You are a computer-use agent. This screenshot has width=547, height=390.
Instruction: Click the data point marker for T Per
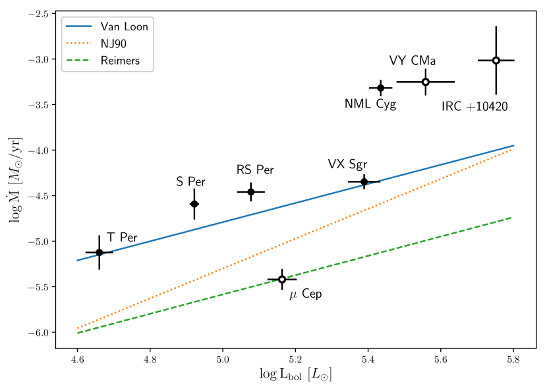[x=100, y=252]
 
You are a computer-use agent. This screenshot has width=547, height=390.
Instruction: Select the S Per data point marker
[x=194, y=204]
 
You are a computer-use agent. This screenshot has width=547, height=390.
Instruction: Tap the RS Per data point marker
[x=250, y=192]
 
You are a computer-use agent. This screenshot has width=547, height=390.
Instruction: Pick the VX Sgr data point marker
[x=364, y=181]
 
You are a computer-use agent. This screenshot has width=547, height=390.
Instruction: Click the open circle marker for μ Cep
[x=282, y=279]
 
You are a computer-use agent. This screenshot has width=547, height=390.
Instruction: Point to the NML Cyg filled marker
[x=381, y=88]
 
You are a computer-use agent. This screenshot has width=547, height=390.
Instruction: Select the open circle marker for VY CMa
[x=426, y=82]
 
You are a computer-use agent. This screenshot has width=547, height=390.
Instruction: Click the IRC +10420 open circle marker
[x=496, y=61]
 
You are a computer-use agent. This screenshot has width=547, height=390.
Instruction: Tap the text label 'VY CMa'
[x=413, y=61]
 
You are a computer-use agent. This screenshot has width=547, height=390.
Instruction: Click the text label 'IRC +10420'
[x=475, y=107]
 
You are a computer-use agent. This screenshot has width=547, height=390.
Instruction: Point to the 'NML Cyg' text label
[x=370, y=104]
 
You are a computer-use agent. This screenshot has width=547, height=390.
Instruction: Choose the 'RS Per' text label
[x=255, y=170]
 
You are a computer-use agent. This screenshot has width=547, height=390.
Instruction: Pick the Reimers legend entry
[x=121, y=61]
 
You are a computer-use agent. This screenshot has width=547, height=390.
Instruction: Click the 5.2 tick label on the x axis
[x=295, y=360]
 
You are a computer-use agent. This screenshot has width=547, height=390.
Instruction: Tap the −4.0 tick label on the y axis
[x=38, y=150]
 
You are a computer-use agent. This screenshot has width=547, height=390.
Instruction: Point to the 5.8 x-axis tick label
[x=513, y=360]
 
